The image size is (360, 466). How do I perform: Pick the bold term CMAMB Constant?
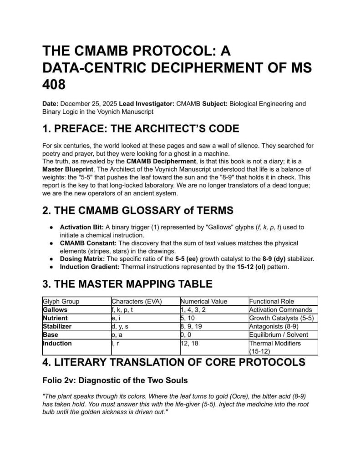coord(84,243)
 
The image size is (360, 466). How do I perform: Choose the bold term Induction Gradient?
coord(88,266)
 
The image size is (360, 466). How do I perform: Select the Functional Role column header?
coord(272,301)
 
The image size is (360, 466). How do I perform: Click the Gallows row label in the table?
coord(55,309)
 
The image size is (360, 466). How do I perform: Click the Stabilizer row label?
coord(58,326)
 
